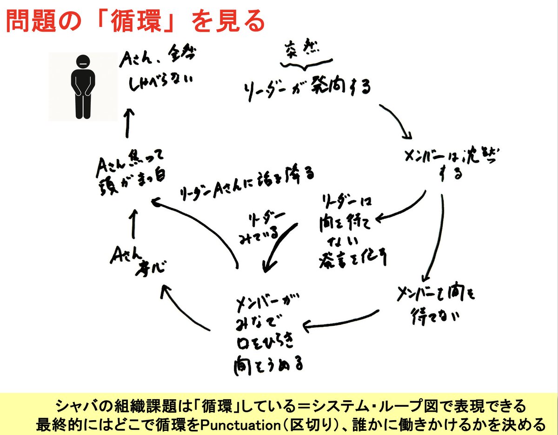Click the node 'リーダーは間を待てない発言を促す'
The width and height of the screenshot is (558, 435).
point(352,230)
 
